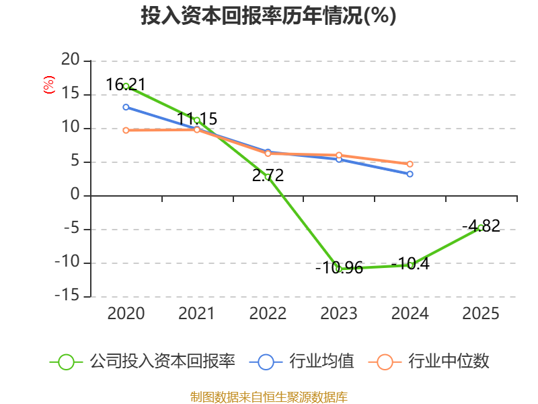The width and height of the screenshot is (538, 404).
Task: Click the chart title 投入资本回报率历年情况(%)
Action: [268, 15]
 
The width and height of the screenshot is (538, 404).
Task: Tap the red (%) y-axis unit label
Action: [49, 85]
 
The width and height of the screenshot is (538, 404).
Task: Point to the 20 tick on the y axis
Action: [71, 60]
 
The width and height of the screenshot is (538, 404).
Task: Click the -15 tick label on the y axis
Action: [67, 296]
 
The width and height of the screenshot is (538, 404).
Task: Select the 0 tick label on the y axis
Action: [75, 195]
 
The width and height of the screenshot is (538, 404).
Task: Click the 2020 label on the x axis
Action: [126, 314]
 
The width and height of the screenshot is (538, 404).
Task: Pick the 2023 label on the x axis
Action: [339, 314]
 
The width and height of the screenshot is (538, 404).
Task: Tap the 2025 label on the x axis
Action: [481, 314]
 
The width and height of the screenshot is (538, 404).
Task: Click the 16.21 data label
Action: [126, 85]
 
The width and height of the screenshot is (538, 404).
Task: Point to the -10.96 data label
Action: [340, 268]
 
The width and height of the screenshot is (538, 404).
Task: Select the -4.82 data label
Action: [481, 226]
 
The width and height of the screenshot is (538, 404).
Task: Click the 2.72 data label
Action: [268, 176]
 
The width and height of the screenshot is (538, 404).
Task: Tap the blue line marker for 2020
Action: [126, 107]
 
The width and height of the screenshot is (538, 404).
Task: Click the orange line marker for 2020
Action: [126, 130]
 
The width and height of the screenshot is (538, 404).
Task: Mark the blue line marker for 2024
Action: [410, 174]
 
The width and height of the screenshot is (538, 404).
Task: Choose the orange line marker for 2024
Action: [410, 164]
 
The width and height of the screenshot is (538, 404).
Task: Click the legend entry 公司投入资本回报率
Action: [143, 362]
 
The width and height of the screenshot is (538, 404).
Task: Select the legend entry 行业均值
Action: [301, 362]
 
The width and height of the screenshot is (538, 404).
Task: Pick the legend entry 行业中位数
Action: [428, 362]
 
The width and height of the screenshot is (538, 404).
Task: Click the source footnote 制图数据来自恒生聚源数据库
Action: [269, 397]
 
